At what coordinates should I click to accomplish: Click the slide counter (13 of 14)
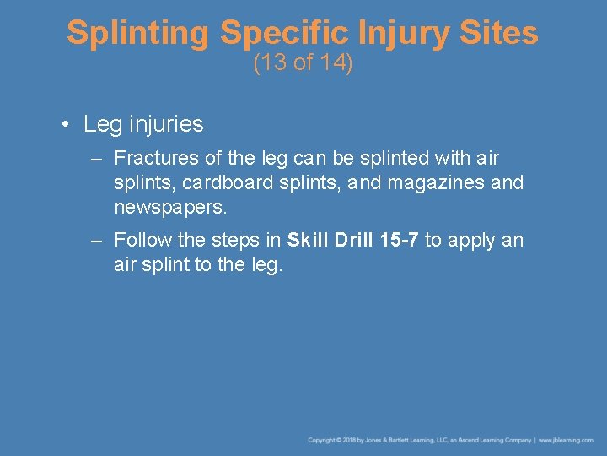tap(303, 63)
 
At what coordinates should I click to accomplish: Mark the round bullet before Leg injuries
tap(65, 125)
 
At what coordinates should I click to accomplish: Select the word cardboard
tap(221, 182)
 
